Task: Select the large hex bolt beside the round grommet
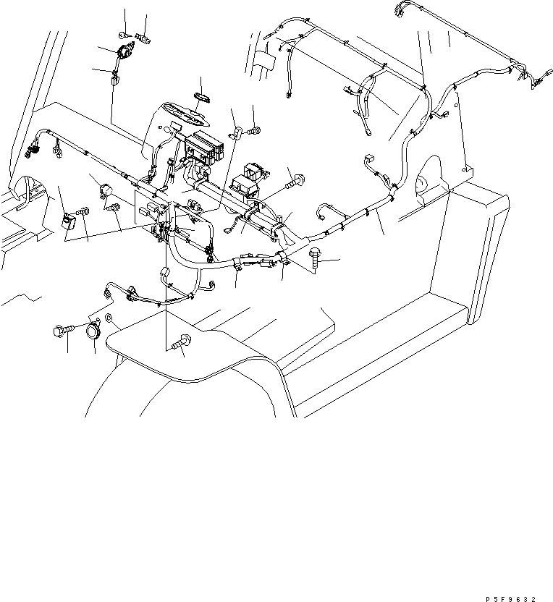[61, 332]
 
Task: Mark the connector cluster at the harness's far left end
[30, 150]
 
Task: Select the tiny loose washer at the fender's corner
[109, 318]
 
